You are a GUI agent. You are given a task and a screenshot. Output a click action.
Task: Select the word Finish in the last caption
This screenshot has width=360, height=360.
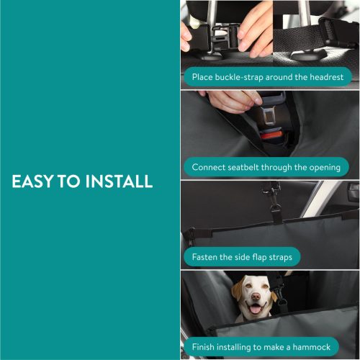206,347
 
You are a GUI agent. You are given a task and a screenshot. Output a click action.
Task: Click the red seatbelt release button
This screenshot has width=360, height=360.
271,135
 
